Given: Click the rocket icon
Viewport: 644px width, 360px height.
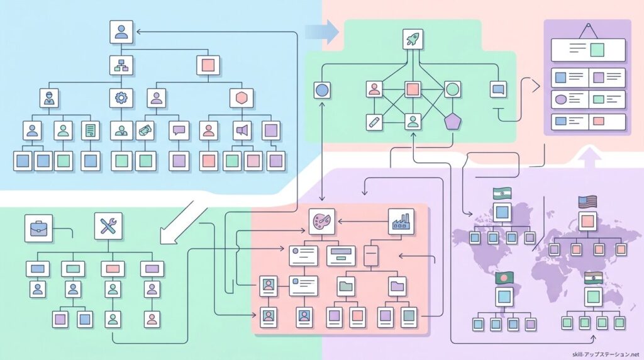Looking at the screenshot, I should click(413, 39).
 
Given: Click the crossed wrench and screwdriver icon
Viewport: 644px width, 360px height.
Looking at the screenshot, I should click(108, 226).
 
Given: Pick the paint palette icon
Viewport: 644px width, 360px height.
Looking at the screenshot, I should click(320, 222).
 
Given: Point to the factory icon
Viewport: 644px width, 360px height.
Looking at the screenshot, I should click(401, 222).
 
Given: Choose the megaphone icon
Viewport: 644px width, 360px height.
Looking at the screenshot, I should click(241, 130).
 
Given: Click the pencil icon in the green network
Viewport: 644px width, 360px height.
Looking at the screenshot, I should click(374, 121).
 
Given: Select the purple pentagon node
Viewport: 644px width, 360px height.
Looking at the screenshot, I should click(452, 120).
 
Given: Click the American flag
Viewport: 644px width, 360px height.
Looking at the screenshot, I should click(587, 202).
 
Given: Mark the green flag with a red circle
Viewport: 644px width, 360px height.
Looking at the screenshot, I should click(504, 277).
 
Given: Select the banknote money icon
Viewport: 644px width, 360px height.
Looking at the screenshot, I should click(145, 130).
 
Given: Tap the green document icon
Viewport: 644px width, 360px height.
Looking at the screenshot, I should click(91, 130).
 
